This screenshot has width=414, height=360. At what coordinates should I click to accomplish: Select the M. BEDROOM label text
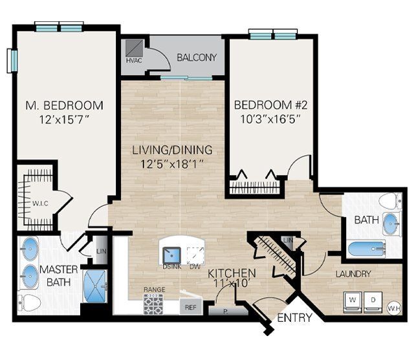[x=64, y=105]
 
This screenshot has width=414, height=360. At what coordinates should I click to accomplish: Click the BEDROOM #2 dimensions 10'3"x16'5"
[x=267, y=118]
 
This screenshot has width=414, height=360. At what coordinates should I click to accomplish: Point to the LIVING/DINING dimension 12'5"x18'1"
[x=172, y=164]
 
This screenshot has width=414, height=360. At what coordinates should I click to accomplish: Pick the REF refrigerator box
[x=190, y=308]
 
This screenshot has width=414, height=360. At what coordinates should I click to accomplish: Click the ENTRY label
[x=294, y=318]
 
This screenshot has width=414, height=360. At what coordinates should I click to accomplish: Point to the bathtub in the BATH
[x=365, y=248]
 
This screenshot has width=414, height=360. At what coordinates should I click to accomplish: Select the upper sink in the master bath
[x=30, y=248]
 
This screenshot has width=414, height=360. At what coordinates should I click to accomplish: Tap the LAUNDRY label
[x=353, y=274]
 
